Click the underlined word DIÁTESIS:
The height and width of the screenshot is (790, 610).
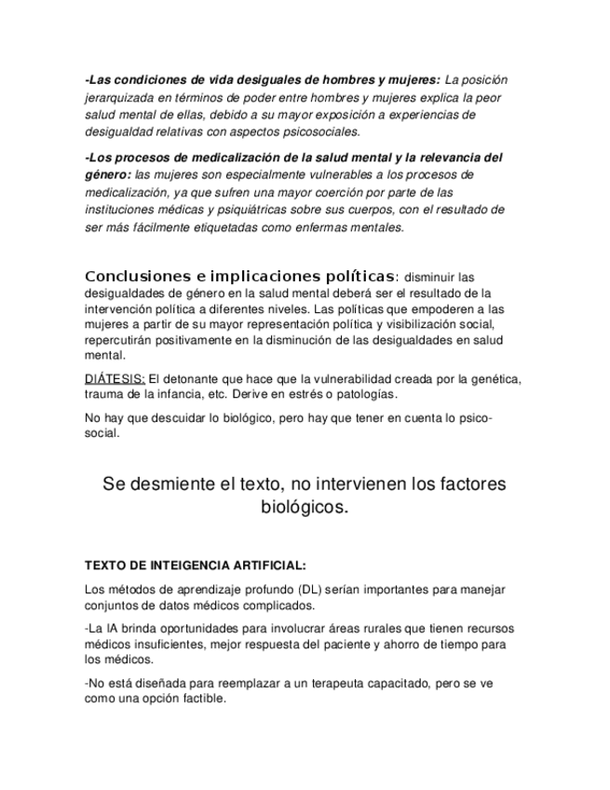(x=115, y=379)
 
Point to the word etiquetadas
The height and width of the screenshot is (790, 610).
(x=210, y=227)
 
